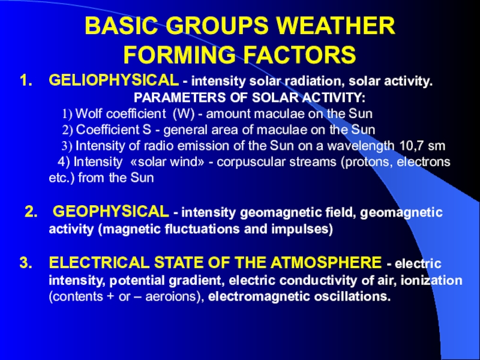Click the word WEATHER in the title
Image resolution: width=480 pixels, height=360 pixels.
(x=336, y=26)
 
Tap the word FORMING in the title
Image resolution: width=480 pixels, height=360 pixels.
(x=179, y=55)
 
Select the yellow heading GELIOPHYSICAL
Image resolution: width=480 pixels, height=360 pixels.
(x=114, y=80)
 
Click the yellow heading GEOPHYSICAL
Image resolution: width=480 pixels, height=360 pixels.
(x=111, y=212)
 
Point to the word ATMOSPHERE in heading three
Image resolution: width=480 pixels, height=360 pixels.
(x=326, y=263)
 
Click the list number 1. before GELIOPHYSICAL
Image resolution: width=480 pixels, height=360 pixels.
(x=26, y=80)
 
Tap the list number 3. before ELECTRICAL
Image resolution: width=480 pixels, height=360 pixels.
(x=26, y=263)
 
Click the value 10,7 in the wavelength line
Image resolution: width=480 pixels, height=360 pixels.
(x=412, y=146)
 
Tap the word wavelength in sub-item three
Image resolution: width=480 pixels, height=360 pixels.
(x=361, y=146)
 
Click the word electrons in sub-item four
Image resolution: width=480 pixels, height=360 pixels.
(x=424, y=161)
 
